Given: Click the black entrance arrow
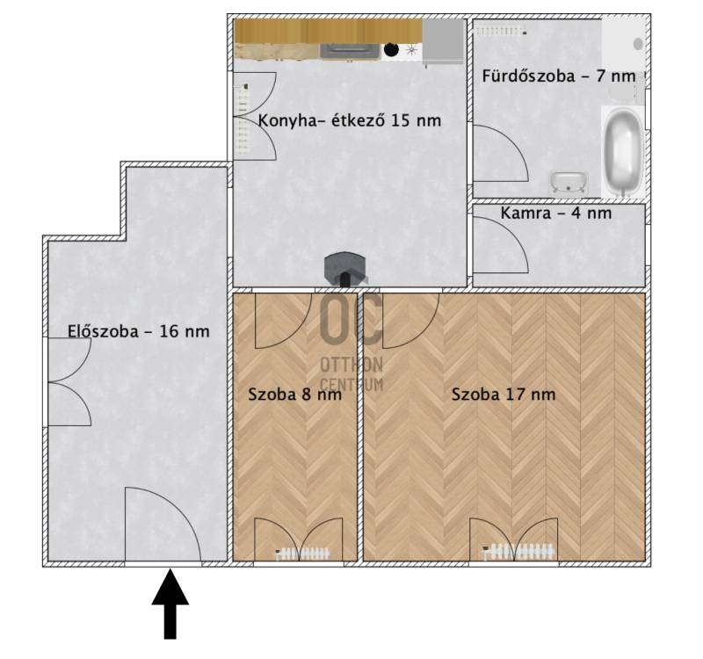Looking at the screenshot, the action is click(x=170, y=603).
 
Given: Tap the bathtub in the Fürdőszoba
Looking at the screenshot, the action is click(x=622, y=151).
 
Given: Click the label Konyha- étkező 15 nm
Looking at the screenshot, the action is click(x=350, y=120).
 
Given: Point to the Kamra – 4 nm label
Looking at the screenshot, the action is click(x=556, y=213).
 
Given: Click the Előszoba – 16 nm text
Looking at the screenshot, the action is click(x=139, y=331).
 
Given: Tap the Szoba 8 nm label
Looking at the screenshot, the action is click(x=294, y=395).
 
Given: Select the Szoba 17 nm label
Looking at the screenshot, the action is click(x=504, y=395).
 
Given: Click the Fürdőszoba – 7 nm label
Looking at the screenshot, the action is click(x=559, y=76).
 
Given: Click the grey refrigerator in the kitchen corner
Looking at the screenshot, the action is click(x=443, y=41).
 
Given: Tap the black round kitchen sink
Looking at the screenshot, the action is click(x=391, y=49).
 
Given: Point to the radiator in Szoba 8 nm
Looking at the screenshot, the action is click(x=302, y=554).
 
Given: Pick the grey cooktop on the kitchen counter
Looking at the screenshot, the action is click(x=348, y=51).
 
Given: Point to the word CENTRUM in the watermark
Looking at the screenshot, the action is click(x=351, y=384).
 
